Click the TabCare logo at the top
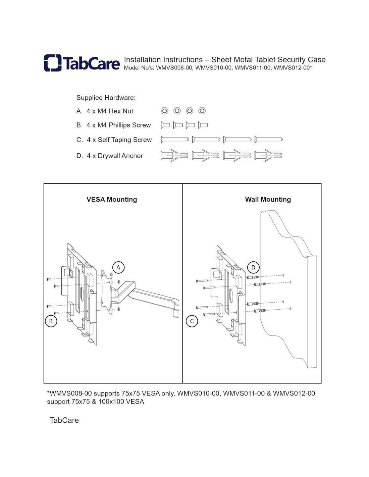tap(82, 63)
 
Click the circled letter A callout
tap(118, 267)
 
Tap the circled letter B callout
tap(51, 321)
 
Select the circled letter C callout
tap(192, 321)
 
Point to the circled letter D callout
tap(253, 267)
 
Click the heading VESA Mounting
tap(112, 199)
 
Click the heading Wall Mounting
tap(268, 199)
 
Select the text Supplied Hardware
tap(106, 98)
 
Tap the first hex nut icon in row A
tap(164, 111)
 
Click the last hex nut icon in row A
tap(202, 111)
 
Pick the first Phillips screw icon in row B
tap(165, 125)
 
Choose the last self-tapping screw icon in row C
tap(268, 139)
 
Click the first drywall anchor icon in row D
tap(174, 155)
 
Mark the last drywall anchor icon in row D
tap(268, 155)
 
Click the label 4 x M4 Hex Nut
tap(110, 111)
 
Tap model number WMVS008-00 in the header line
tap(174, 68)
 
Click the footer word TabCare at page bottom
tap(64, 420)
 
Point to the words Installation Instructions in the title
tap(163, 60)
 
